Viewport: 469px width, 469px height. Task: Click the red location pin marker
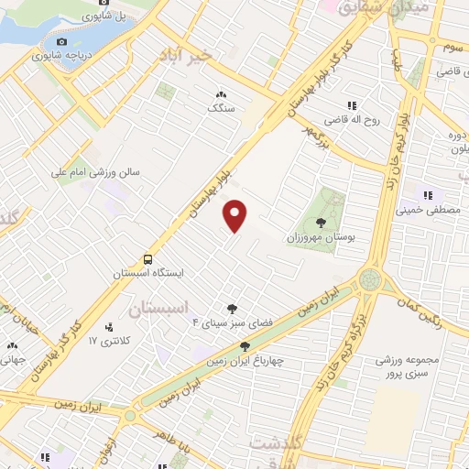(x=236, y=216)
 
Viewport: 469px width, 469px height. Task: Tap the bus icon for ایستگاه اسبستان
(x=148, y=259)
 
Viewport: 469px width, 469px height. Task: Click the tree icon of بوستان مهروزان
(x=320, y=222)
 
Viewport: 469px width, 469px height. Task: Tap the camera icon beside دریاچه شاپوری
(x=61, y=41)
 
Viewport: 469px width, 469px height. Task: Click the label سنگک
(x=221, y=107)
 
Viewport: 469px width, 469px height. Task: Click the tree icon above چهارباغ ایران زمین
(x=244, y=345)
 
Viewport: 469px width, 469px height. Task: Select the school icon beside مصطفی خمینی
(x=427, y=194)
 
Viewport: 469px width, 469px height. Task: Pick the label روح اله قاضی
(x=350, y=119)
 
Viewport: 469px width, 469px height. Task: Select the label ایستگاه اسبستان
(x=148, y=274)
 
